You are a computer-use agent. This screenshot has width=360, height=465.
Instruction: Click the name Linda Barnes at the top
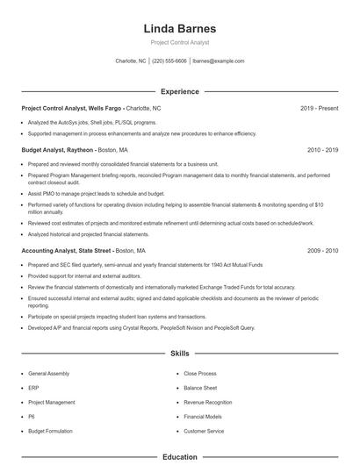tap(179, 29)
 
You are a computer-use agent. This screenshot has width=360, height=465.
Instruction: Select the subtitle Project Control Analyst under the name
tap(179, 43)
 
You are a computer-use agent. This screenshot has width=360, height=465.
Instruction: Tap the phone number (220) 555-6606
tap(170, 61)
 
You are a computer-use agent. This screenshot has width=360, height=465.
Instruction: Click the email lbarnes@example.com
tap(218, 61)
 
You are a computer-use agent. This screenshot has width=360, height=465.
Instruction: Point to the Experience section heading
tap(179, 91)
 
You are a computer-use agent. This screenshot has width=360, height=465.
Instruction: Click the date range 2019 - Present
tap(319, 108)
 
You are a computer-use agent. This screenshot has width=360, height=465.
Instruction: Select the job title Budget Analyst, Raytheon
tap(57, 150)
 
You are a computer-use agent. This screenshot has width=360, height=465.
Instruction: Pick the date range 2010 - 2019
tap(322, 150)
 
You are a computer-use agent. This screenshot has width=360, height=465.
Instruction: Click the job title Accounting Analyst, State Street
tap(65, 250)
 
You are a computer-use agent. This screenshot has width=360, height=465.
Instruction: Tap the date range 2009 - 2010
tap(322, 250)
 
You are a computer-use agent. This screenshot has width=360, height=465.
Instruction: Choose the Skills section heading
tap(179, 354)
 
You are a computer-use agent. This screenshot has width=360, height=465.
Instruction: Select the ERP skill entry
tap(33, 387)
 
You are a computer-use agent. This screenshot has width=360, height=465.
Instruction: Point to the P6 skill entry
tap(32, 417)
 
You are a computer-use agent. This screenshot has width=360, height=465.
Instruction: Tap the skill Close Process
tap(200, 373)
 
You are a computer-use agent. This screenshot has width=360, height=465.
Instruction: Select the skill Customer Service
tap(204, 431)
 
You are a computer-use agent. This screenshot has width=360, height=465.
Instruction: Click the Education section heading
tap(179, 457)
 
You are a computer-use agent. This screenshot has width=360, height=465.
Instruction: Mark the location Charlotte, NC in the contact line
tap(132, 61)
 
